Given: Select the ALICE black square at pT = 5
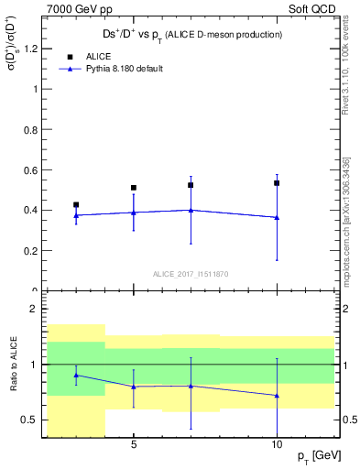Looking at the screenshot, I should click(134, 188).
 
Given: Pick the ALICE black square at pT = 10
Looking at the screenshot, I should click(277, 183).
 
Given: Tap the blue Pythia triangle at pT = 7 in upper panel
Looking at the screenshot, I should click(191, 210).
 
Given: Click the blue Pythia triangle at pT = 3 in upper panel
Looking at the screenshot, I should click(76, 215).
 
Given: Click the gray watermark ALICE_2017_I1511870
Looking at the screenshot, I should click(191, 273).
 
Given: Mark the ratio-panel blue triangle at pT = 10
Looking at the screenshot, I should click(277, 396).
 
